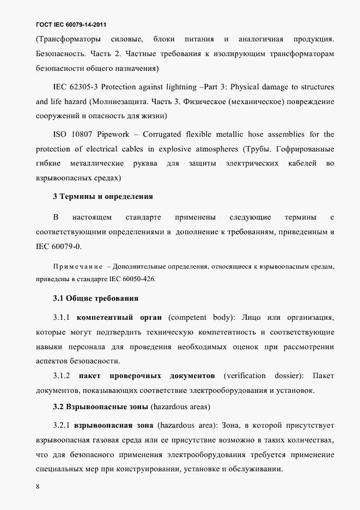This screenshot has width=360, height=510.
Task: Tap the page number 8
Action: click(38, 487)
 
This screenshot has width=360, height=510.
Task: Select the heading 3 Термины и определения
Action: click(102, 196)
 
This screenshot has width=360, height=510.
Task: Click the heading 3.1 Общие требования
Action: click(95, 298)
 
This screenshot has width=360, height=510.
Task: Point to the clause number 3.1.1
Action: click(62, 317)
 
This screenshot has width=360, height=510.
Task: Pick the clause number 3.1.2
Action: click(62, 376)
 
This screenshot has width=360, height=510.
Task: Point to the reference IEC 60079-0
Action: click(58, 246)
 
